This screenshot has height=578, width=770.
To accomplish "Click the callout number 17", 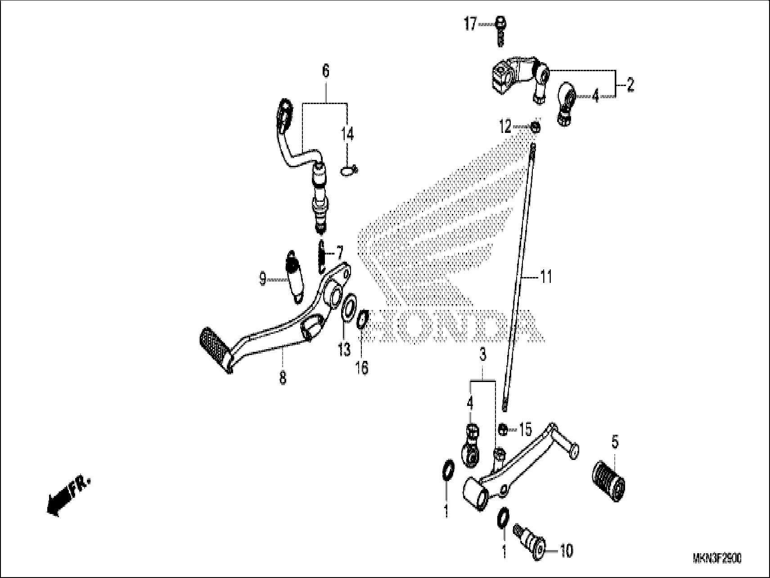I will (470, 24).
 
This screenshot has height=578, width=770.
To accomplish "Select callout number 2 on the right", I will (630, 84).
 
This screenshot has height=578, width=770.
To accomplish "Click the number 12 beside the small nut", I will (505, 127).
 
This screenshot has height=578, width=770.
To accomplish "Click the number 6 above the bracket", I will (325, 71).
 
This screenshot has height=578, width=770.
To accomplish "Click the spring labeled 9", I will (294, 275).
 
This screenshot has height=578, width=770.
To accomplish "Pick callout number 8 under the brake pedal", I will (283, 378).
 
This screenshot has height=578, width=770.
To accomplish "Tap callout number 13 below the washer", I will (344, 349).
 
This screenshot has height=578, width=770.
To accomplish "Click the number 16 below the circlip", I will (362, 368).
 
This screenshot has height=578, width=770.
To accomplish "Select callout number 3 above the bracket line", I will (482, 355).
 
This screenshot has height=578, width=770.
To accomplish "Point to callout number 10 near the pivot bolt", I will (566, 551).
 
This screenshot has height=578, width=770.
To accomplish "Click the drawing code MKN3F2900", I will (717, 559).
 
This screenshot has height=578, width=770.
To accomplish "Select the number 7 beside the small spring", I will (340, 251).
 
